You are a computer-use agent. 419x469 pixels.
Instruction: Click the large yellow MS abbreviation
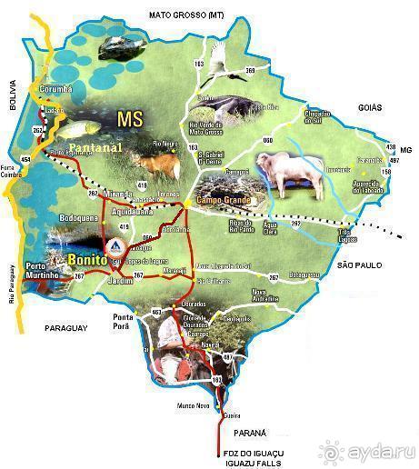point(131,117)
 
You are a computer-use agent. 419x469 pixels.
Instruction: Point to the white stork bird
point(217,63)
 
